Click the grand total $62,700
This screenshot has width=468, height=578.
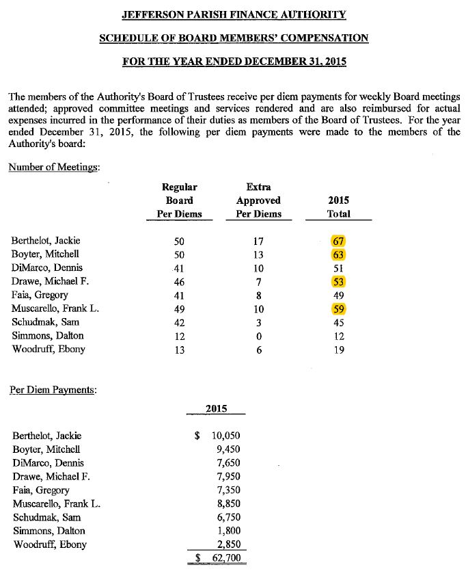coord(218,558)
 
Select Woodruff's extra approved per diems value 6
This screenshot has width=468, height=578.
coord(258,350)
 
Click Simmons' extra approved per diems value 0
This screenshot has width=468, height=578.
coord(258,336)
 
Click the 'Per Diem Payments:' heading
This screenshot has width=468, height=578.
coord(53,390)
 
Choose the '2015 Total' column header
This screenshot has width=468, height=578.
coord(339,207)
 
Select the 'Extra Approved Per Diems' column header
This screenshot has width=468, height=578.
coord(258,200)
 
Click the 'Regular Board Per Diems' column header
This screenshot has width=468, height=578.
coord(180,200)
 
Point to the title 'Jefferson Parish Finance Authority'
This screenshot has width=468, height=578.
coord(234,14)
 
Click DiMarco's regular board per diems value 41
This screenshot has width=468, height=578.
coord(180,268)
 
